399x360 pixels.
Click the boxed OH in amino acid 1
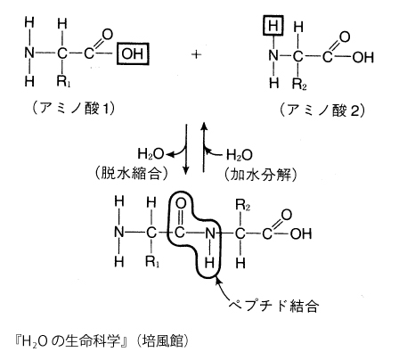point(133,53)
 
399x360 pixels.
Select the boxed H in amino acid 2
point(273,26)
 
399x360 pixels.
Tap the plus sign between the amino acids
point(196,54)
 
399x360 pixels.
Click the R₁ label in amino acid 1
point(63,81)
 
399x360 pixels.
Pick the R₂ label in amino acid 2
point(299,84)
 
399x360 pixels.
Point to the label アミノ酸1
point(73,109)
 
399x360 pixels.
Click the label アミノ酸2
point(322,110)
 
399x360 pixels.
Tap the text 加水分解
point(261,175)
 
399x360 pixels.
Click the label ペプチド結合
point(273,305)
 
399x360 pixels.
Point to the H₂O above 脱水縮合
point(151,154)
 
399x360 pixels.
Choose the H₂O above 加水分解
point(240,155)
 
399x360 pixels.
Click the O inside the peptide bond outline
point(181,203)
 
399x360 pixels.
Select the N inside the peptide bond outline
point(210,233)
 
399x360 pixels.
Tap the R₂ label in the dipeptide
point(242,205)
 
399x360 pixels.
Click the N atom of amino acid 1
point(29,53)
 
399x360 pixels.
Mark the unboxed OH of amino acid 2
point(362,57)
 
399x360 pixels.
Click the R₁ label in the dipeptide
point(152,262)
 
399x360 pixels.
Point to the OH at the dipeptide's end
point(301,233)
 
